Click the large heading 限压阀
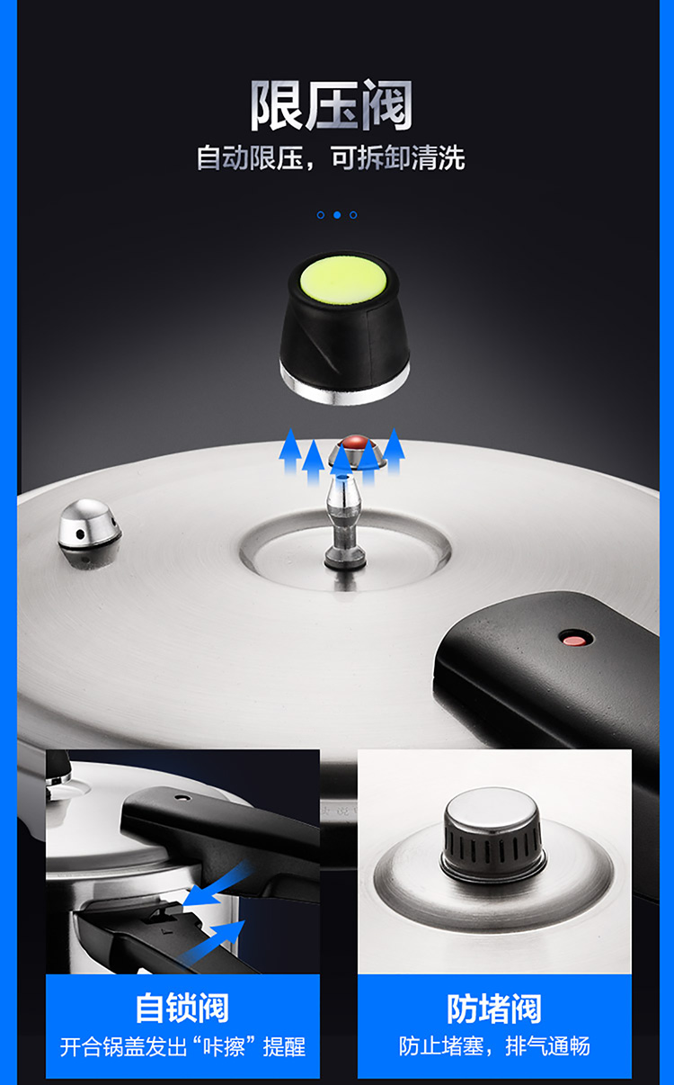pyautogui.click(x=331, y=105)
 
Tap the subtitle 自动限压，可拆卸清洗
pyautogui.click(x=331, y=157)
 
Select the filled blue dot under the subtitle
pyautogui.click(x=337, y=215)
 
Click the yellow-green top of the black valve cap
pyautogui.click(x=343, y=281)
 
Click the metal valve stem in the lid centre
pyautogui.click(x=344, y=523)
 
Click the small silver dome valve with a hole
pyautogui.click(x=90, y=533)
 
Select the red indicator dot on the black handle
pyautogui.click(x=575, y=640)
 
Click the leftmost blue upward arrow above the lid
pyautogui.click(x=290, y=452)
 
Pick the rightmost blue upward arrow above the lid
pyautogui.click(x=394, y=452)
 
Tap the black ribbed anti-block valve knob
pyautogui.click(x=492, y=843)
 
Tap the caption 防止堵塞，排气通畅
pyautogui.click(x=494, y=1046)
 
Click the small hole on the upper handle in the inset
pyautogui.click(x=182, y=797)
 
